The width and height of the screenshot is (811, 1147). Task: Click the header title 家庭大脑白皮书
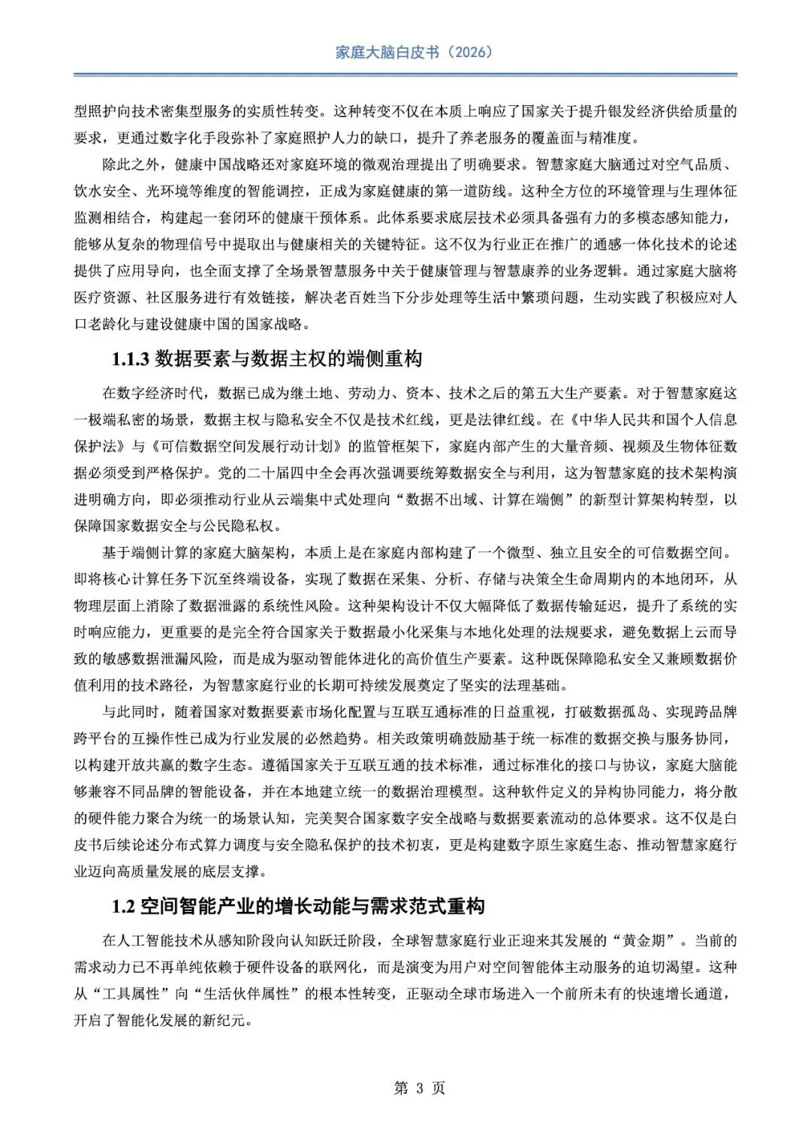pyautogui.click(x=386, y=52)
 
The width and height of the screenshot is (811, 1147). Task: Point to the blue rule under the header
pyautogui.click(x=405, y=74)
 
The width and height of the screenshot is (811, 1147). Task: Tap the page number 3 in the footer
pyautogui.click(x=420, y=1088)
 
